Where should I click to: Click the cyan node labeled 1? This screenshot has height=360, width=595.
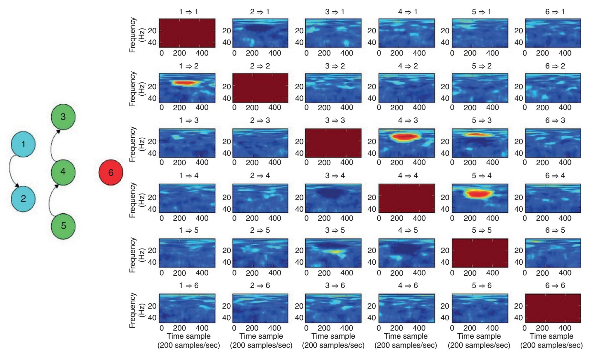click(23, 144)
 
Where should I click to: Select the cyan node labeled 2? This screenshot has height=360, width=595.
click(23, 198)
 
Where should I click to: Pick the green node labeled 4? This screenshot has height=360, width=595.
click(63, 172)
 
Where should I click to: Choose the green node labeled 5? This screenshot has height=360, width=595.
click(63, 226)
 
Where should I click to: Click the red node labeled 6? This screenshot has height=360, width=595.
click(111, 173)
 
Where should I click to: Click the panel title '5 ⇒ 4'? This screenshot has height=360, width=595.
click(479, 176)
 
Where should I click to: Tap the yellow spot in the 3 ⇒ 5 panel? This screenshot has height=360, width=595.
click(335, 251)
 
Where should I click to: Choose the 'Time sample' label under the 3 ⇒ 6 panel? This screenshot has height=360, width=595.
click(333, 336)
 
